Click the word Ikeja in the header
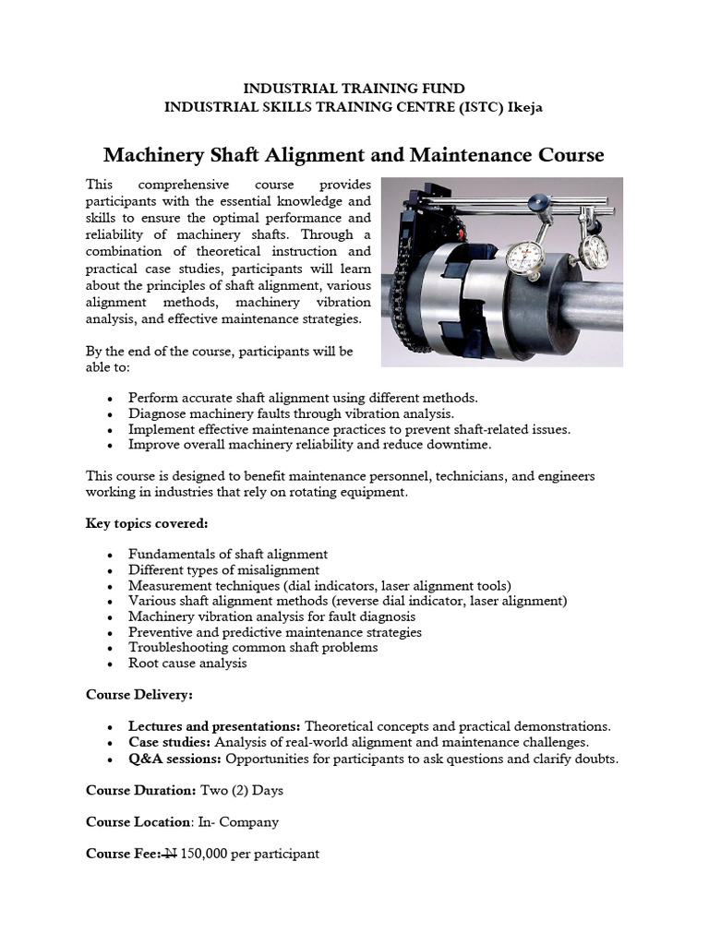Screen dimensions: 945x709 [523, 107]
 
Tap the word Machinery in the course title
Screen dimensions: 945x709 [148, 154]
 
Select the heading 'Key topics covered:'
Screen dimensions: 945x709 [147, 524]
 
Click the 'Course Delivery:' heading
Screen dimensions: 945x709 [140, 694]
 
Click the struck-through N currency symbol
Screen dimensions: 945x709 [170, 854]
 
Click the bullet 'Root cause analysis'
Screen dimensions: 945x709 [187, 663]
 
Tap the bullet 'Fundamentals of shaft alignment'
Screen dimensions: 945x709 [228, 554]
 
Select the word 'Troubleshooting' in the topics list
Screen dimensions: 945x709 [175, 647]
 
